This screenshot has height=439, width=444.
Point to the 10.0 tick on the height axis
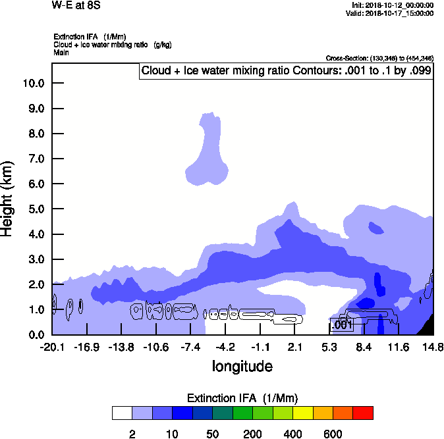click(33, 84)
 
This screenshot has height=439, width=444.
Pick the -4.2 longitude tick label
click(225, 347)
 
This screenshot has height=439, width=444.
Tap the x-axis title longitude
click(242, 365)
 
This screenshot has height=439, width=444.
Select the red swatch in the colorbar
click(362, 413)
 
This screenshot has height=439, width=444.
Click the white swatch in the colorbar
click(122, 413)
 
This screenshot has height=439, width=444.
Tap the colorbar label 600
click(333, 434)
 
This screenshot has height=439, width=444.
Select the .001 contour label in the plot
click(343, 324)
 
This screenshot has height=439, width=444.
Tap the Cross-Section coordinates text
click(379, 58)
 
